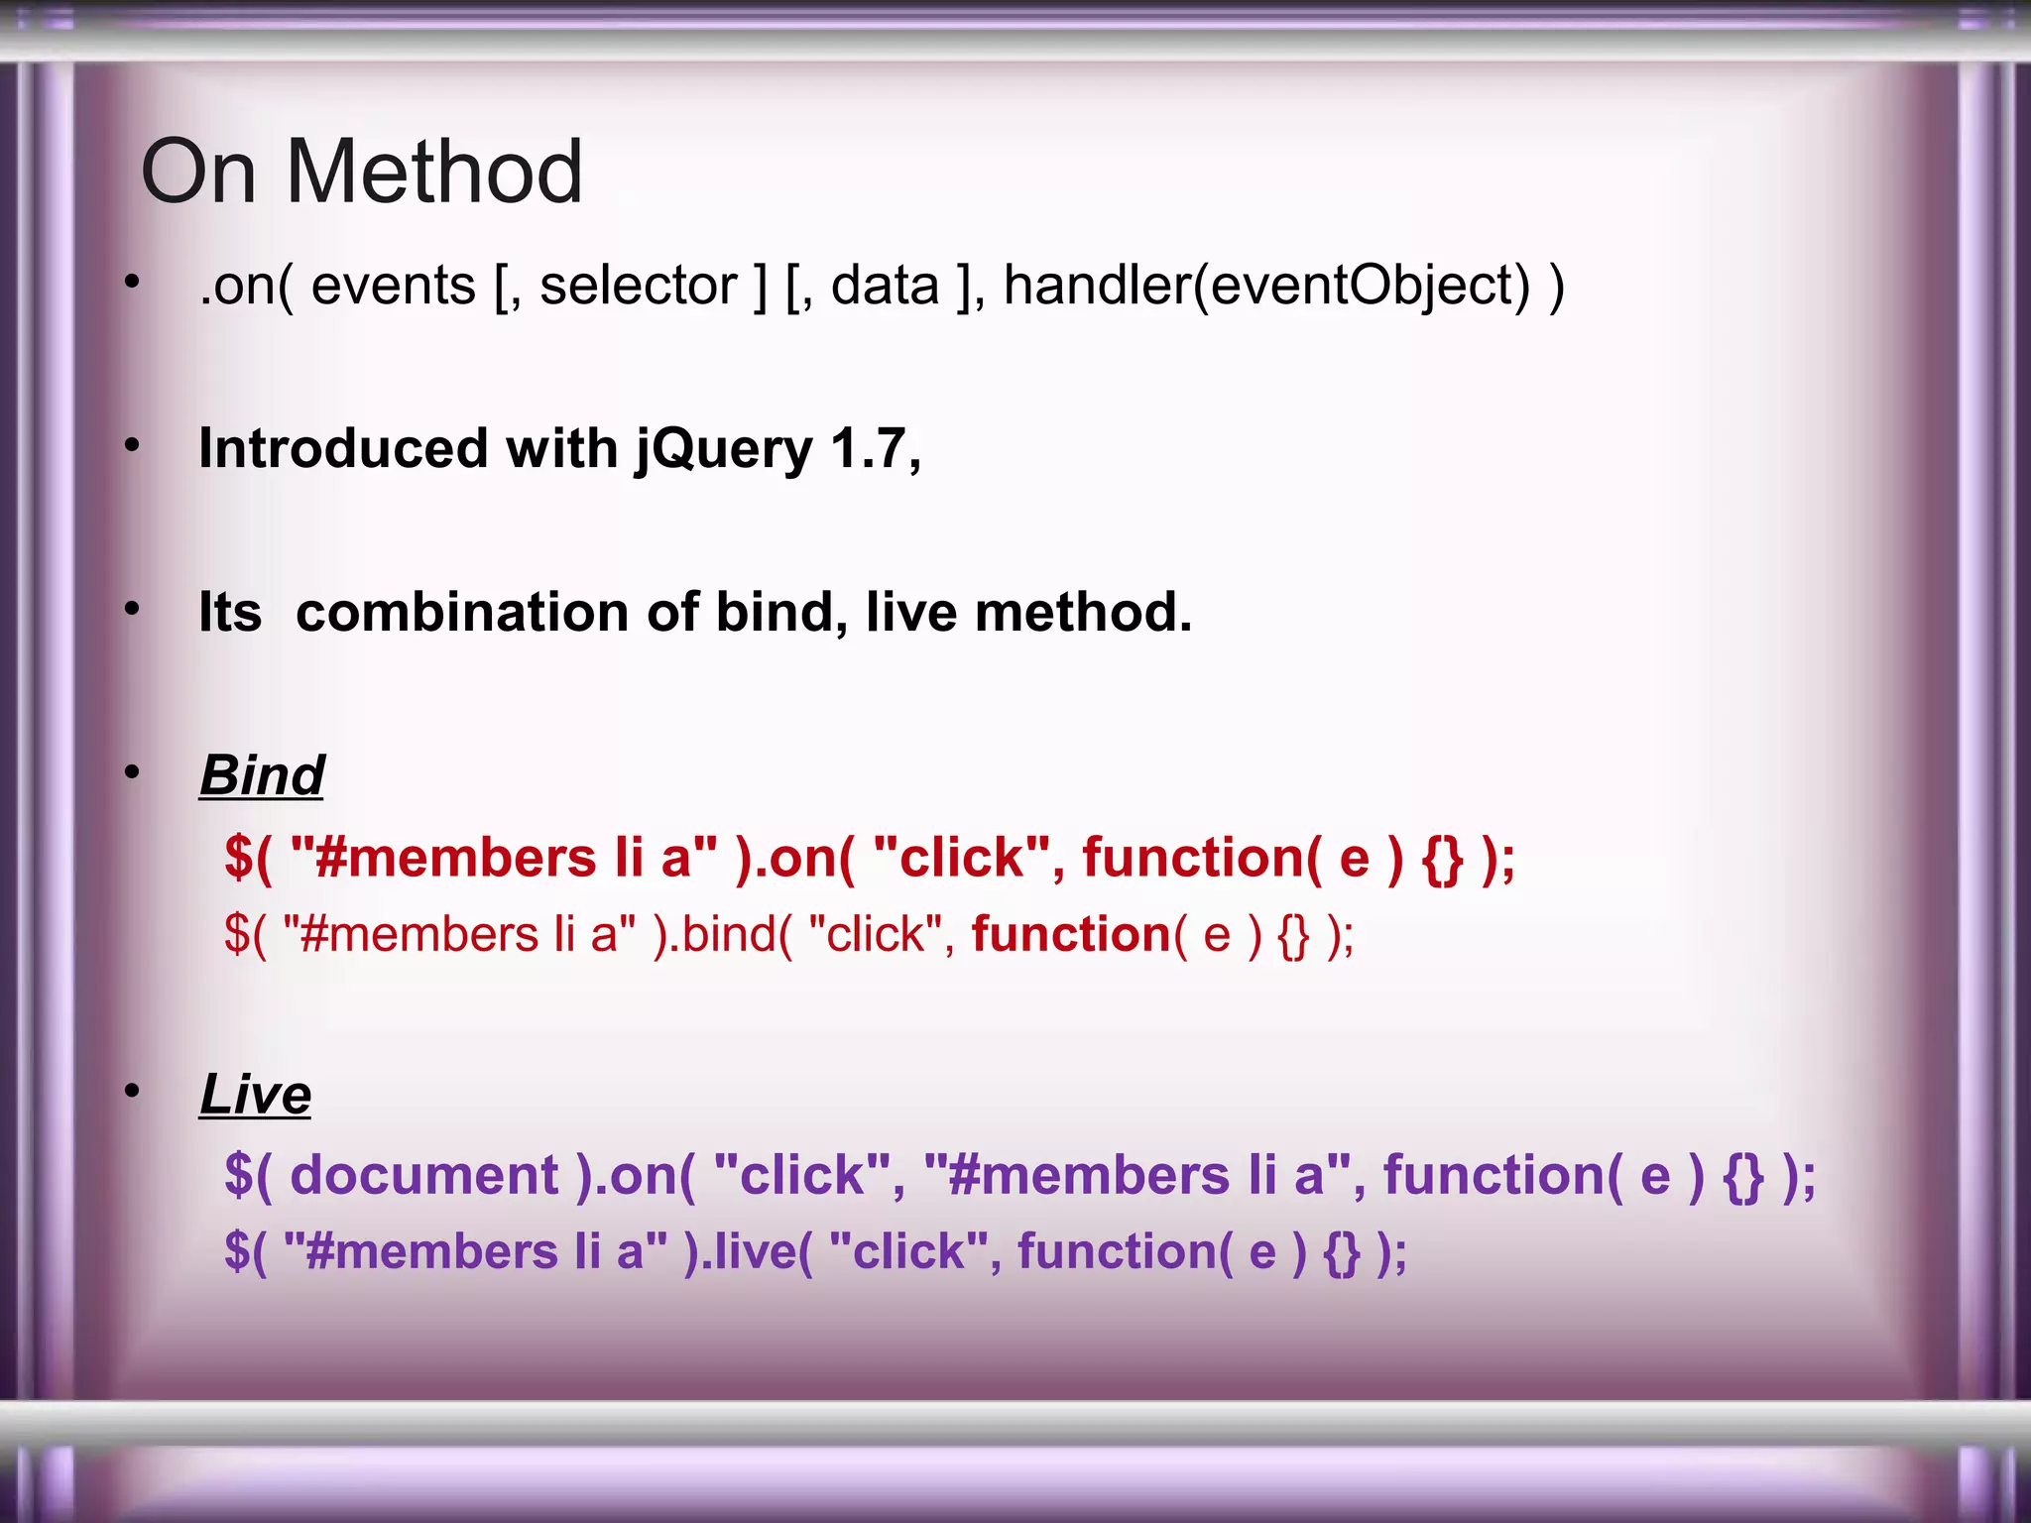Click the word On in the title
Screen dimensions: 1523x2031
click(x=198, y=173)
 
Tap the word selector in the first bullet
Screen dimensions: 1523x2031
click(x=638, y=286)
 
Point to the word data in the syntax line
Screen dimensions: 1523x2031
click(x=885, y=286)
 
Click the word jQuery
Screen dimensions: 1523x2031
click(x=724, y=449)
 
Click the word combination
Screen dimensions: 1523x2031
click(x=462, y=612)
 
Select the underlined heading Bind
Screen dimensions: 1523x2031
click(x=262, y=774)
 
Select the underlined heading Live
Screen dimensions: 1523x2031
click(x=255, y=1095)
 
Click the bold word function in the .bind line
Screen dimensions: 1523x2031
click(x=1071, y=935)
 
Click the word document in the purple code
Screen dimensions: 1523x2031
click(x=424, y=1176)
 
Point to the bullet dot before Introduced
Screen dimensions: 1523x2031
click(x=132, y=446)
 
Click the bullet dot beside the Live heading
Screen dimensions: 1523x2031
click(x=132, y=1092)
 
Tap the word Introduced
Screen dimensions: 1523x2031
click(x=342, y=449)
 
